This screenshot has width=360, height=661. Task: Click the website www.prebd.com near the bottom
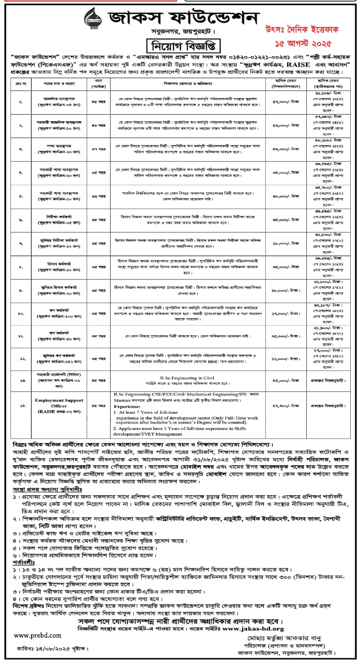(34, 635)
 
